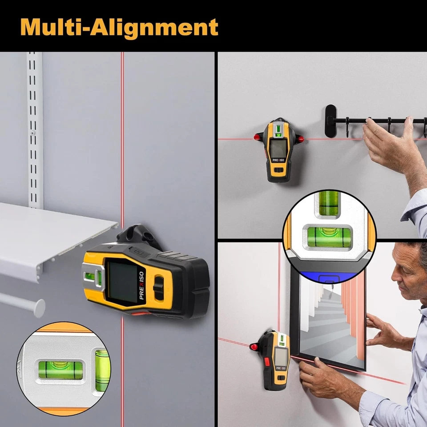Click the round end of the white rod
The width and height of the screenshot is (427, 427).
pyautogui.click(x=39, y=308)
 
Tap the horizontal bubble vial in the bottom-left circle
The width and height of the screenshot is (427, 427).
pyautogui.click(x=60, y=370)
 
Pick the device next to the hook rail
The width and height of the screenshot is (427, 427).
pyautogui.click(x=279, y=151)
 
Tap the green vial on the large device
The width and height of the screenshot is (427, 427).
pyautogui.click(x=99, y=278)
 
